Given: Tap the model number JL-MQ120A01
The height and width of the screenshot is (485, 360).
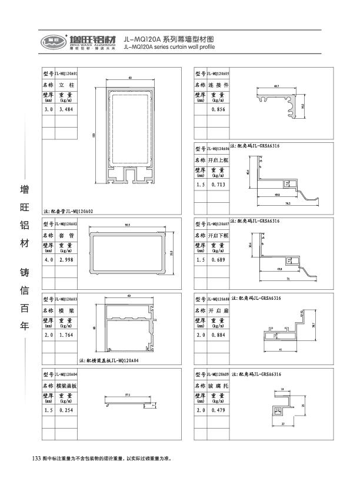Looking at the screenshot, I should [x=66, y=74].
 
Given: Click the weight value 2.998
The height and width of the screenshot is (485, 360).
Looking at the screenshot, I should [x=65, y=260].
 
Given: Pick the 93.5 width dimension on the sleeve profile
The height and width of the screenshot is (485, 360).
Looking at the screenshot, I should [x=128, y=226].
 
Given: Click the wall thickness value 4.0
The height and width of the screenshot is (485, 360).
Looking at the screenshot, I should [x=48, y=260].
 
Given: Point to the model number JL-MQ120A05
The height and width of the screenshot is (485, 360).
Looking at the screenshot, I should [x=218, y=74].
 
